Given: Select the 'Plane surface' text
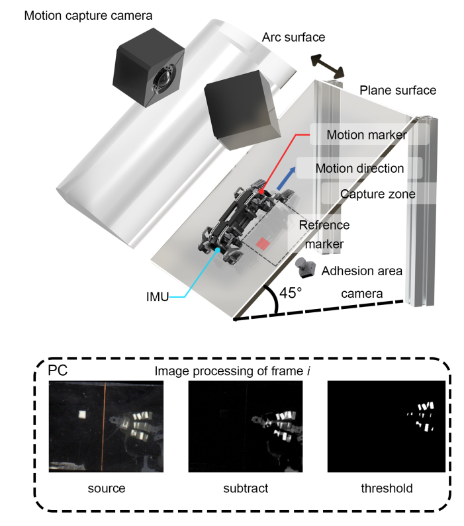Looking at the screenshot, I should (x=398, y=90).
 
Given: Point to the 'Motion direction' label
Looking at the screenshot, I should (x=359, y=168).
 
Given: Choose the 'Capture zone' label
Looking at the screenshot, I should (x=377, y=194).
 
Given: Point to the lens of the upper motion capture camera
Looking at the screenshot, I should (x=161, y=81).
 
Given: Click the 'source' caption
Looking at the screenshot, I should (x=107, y=489).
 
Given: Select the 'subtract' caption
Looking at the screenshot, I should (x=245, y=489).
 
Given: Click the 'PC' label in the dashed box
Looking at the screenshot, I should (x=58, y=370).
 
